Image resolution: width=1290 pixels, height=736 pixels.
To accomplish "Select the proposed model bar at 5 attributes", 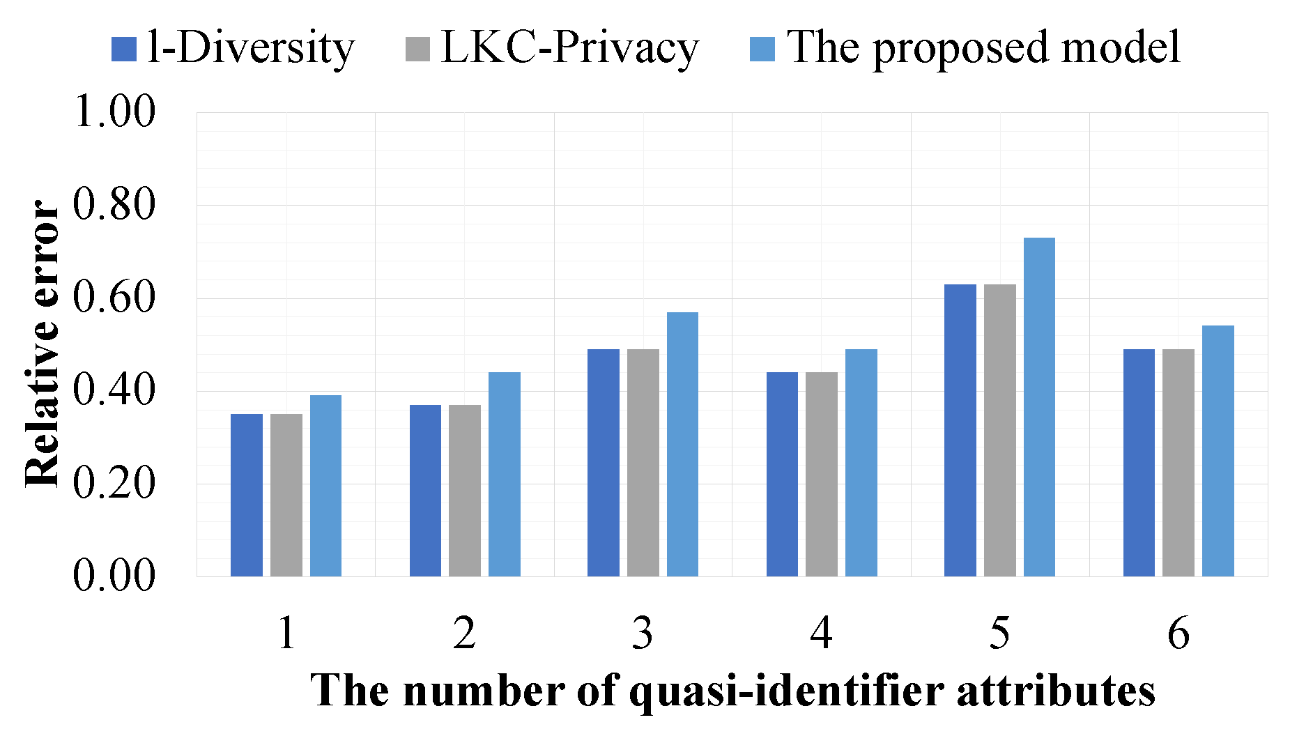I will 1039,407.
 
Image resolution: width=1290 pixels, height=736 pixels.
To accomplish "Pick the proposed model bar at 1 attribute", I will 325,486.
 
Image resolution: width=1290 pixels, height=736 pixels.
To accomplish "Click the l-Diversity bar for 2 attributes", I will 425,491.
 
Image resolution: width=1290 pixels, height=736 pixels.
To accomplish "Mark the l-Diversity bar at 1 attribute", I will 247,495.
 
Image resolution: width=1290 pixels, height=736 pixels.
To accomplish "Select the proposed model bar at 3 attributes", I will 682,444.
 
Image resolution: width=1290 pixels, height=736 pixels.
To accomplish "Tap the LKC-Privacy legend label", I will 569,48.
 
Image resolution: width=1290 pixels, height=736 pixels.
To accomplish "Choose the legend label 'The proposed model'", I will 983,48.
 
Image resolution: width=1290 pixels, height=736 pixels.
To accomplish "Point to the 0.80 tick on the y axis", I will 114,205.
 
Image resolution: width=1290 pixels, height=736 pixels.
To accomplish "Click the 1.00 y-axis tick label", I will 114,112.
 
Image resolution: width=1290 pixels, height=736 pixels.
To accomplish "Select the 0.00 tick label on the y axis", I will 114,576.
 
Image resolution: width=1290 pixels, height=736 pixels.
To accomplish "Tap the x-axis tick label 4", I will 821,633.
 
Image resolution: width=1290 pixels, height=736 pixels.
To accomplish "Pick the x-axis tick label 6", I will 1178,633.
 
